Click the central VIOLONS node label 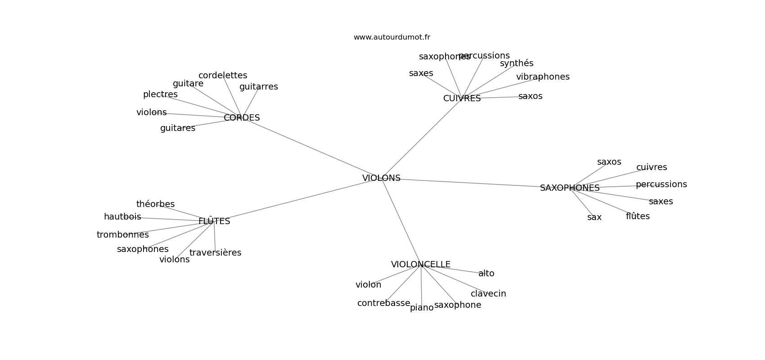[x=381, y=178]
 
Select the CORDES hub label [x=242, y=118]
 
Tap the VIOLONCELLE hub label [x=421, y=265]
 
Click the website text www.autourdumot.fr [x=391, y=37]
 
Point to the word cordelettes [x=223, y=76]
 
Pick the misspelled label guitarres [x=258, y=87]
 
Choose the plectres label [x=160, y=94]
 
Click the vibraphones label [x=543, y=77]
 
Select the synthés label [x=517, y=63]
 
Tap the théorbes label [x=155, y=204]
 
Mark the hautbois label [x=122, y=217]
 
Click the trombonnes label [x=122, y=235]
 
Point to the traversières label [x=215, y=253]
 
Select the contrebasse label [x=383, y=303]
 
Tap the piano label [x=422, y=308]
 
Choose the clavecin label [x=488, y=294]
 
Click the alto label [x=486, y=274]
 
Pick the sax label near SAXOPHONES [x=594, y=217]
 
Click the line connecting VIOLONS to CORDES [x=310, y=147]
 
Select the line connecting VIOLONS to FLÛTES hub [x=297, y=200]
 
